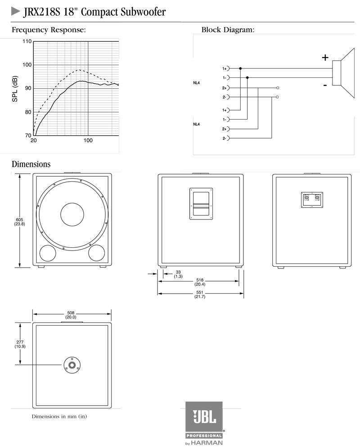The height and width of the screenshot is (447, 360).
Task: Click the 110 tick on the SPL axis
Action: pyautogui.click(x=27, y=41)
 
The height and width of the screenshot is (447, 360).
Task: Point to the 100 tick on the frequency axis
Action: pyautogui.click(x=88, y=141)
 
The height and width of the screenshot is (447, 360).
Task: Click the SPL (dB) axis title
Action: pyautogui.click(x=15, y=89)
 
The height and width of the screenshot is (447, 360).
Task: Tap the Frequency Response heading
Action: pyautogui.click(x=48, y=30)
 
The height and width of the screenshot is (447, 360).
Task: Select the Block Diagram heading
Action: pyautogui.click(x=228, y=30)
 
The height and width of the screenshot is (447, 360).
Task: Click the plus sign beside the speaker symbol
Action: pyautogui.click(x=325, y=57)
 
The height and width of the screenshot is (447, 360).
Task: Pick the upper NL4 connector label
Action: pyautogui.click(x=197, y=83)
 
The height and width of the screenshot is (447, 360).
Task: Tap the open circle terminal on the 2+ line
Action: pyautogui.click(x=278, y=88)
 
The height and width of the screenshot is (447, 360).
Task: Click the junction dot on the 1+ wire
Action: pyautogui.click(x=240, y=68)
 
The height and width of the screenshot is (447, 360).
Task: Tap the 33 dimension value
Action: pyautogui.click(x=178, y=272)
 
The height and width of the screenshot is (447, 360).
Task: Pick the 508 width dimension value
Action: pyautogui.click(x=71, y=313)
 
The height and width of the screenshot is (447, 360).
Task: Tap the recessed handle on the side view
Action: pyautogui.click(x=200, y=204)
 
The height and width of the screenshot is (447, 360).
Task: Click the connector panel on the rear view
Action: pyautogui.click(x=312, y=199)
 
